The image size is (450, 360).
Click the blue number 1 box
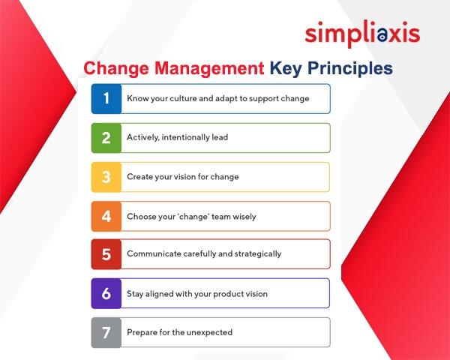click(x=106, y=99)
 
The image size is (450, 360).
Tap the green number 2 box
click(x=106, y=138)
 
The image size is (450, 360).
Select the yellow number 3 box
click(x=106, y=177)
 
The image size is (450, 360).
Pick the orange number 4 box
click(x=106, y=216)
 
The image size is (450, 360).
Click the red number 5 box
click(x=106, y=254)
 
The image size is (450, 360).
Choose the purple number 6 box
click(x=106, y=293)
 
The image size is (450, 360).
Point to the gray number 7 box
click(x=106, y=333)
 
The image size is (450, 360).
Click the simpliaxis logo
click(x=362, y=33)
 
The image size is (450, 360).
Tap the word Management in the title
click(x=209, y=68)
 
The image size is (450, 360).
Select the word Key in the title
click(x=286, y=68)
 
